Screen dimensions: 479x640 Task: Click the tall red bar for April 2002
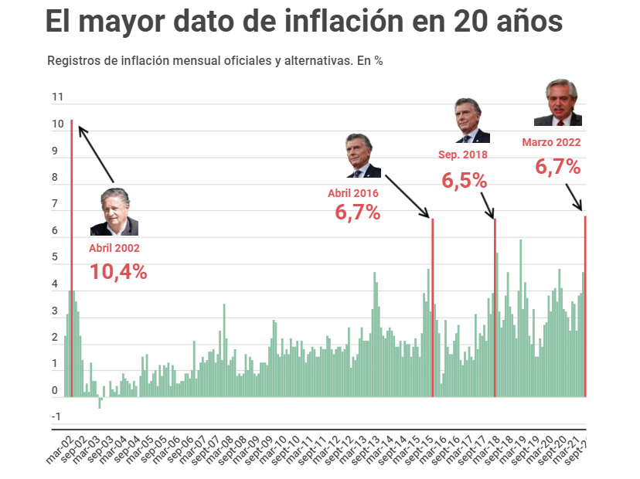coord(72,255)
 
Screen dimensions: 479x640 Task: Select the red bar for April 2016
coord(432,309)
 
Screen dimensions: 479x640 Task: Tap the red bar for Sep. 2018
coord(495,309)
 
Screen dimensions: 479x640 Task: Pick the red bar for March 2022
coord(585,309)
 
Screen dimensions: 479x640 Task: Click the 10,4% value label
coord(118,271)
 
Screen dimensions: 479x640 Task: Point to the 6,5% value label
coord(465,181)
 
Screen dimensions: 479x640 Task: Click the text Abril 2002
coord(114,248)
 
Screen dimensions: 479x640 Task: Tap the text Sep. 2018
coord(463,155)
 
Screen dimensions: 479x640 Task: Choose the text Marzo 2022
coord(551,142)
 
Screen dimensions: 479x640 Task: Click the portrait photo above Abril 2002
coord(114,212)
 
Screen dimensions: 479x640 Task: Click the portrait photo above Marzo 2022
coord(557,103)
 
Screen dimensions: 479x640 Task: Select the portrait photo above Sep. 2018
coord(471,121)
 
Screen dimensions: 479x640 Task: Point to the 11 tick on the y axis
coord(58,97)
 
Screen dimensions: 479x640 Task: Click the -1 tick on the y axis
coord(56,417)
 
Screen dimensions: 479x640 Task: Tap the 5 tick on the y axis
coord(56,257)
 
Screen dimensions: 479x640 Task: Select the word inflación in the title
coord(350,21)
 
